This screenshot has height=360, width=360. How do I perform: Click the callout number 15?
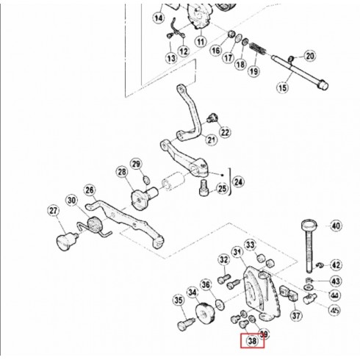[x=282, y=87]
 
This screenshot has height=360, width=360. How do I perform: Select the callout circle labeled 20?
[x=310, y=56]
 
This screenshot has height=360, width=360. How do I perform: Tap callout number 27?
[x=54, y=211]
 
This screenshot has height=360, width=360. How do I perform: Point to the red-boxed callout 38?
[x=252, y=341]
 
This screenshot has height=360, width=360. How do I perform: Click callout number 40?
[x=336, y=226]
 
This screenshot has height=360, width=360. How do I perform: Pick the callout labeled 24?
[x=238, y=182]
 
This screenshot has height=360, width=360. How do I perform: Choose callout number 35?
[x=179, y=300]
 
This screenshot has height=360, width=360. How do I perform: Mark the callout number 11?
[x=201, y=42]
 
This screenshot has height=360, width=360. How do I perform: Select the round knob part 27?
[x=65, y=241]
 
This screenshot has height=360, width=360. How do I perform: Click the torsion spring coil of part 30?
[x=95, y=225]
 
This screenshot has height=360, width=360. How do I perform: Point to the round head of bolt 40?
[x=309, y=224]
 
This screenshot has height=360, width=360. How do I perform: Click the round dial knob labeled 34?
[x=205, y=314]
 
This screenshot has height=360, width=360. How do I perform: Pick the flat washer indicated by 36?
[x=220, y=304]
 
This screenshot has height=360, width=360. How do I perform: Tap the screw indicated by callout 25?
[x=204, y=188]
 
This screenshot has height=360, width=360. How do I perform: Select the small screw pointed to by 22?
[x=212, y=118]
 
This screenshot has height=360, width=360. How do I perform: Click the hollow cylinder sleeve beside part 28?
[x=173, y=181]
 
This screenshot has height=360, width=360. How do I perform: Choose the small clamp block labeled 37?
[x=289, y=293]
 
